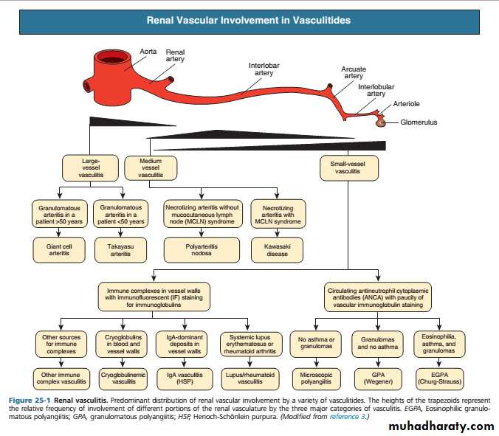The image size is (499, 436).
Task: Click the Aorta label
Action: pyautogui.click(x=148, y=52)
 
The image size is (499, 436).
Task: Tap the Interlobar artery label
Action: pyautogui.click(x=264, y=70)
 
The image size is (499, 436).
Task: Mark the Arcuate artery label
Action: pyautogui.click(x=353, y=72)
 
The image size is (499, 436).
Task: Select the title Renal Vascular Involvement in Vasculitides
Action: pyautogui.click(x=248, y=21)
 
